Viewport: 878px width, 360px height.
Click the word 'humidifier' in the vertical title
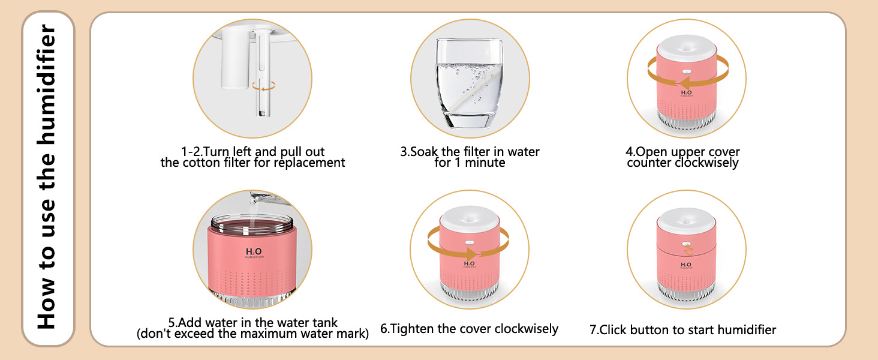pos(47,83)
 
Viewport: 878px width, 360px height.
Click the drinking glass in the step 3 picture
pos(469,83)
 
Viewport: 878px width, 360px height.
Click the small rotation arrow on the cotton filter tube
pos(264,86)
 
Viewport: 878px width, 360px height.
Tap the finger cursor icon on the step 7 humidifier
pos(688,250)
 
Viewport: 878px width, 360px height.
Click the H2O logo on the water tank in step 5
pos(254,251)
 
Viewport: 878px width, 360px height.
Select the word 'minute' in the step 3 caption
pos(485,163)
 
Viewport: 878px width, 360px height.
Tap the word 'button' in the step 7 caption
pos(650,330)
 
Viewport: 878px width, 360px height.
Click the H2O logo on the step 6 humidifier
pos(469,264)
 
